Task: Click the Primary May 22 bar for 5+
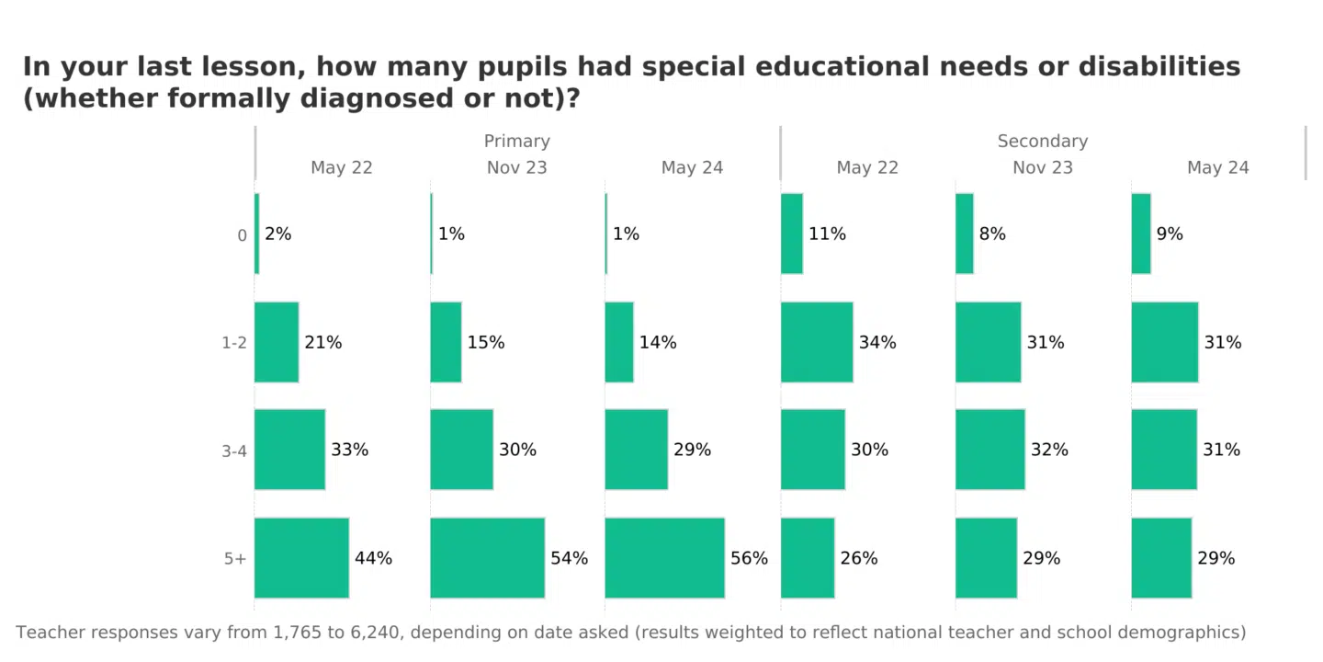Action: [x=301, y=558]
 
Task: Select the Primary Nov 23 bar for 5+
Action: [x=487, y=558]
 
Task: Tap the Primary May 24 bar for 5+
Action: [x=664, y=558]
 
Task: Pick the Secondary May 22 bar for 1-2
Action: [x=817, y=342]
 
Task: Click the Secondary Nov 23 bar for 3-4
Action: [x=989, y=450]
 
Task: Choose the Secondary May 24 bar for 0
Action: [x=1141, y=234]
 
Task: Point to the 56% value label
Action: [x=749, y=558]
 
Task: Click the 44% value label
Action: [x=373, y=558]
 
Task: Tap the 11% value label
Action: [x=827, y=234]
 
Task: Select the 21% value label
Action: [x=323, y=343]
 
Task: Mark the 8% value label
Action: [x=992, y=234]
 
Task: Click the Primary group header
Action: [x=517, y=142]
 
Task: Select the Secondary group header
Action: [x=1043, y=142]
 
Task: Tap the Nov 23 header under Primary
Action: [x=517, y=168]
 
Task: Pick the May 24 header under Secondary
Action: [x=1218, y=168]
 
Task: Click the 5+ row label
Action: [x=235, y=559]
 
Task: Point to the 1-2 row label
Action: [x=234, y=343]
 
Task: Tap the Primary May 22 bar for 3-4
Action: [x=289, y=450]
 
